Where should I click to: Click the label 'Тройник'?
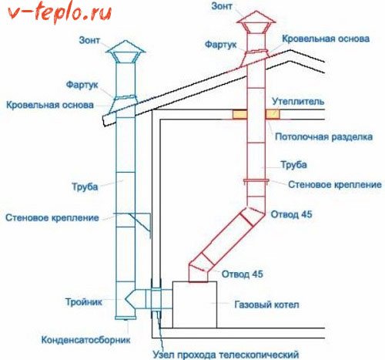[85, 302]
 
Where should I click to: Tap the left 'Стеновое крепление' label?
[52, 218]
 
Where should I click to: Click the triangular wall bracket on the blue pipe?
[140, 222]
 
